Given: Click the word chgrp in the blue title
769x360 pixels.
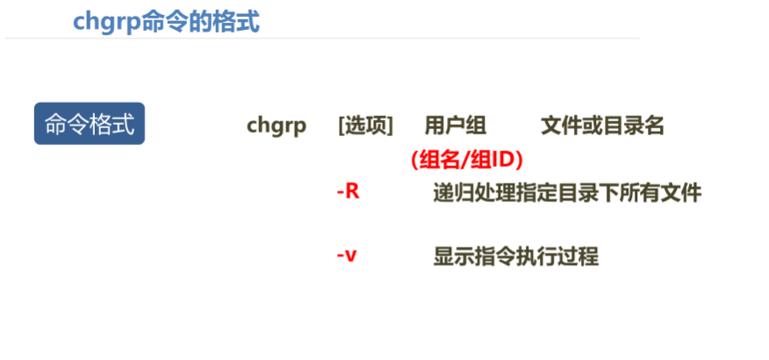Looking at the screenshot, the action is (106, 21).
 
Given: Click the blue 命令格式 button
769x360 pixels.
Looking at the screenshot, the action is (89, 124).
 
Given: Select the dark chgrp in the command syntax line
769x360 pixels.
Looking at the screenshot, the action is (277, 126).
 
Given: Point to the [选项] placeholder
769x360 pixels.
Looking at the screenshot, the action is (365, 126).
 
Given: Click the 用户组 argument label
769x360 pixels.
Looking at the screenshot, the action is (456, 126).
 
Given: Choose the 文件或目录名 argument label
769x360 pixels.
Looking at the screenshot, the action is (603, 126).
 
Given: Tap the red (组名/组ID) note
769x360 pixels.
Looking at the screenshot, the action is (466, 160).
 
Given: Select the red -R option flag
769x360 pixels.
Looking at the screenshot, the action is (349, 191).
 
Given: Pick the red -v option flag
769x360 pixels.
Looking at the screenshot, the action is (347, 256).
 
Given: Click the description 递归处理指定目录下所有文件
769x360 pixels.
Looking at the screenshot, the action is (567, 192).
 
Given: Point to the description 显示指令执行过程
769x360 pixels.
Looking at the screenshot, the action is (516, 257).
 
